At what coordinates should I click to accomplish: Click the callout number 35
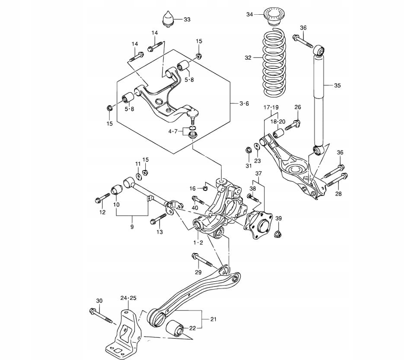pos(337,86)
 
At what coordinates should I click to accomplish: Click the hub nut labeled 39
pos(278,234)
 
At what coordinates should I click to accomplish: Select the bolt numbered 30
pos(101,315)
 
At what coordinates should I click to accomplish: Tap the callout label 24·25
pos(128,298)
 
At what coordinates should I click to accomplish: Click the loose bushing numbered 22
pos(176,327)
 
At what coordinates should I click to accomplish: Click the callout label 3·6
pos(244,103)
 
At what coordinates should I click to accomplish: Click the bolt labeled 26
pos(292,125)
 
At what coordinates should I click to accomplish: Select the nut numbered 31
pos(248,151)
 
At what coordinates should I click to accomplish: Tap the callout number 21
pos(213,319)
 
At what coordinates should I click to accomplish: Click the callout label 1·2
pos(198,242)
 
